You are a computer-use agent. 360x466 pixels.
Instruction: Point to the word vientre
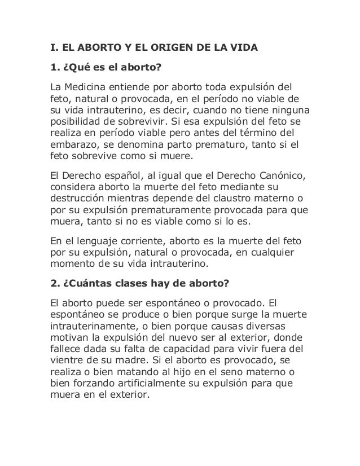click(x=65, y=361)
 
